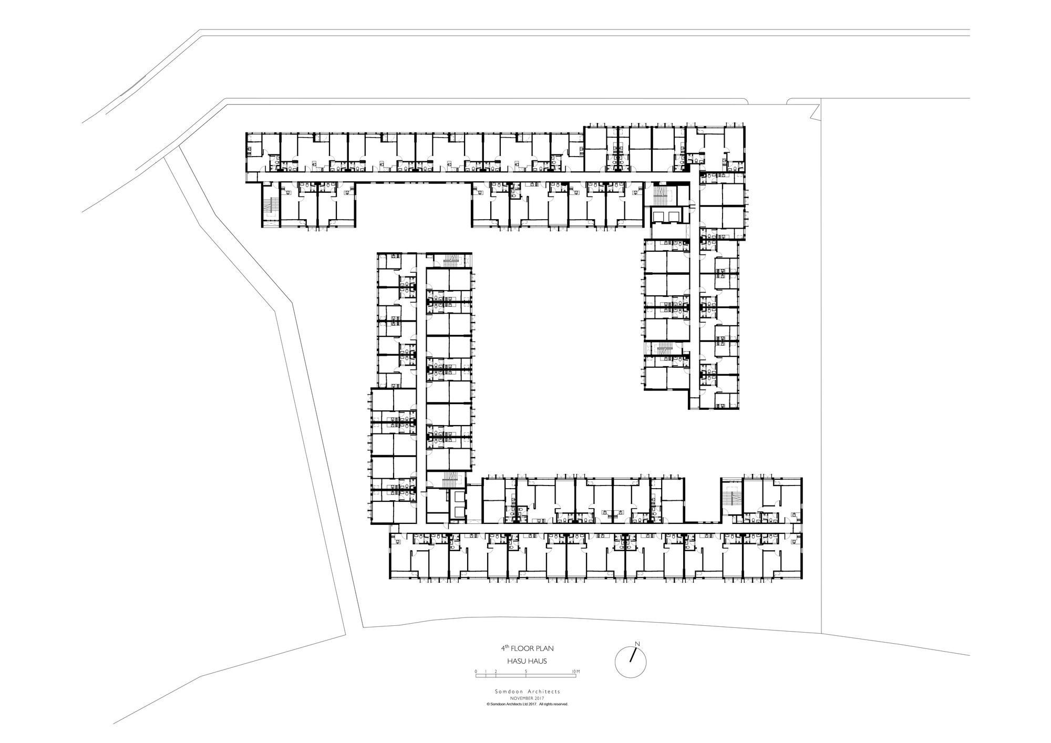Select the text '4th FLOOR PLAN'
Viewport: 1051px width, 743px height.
527,649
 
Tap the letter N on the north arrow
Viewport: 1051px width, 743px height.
637,644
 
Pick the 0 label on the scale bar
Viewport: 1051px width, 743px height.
476,672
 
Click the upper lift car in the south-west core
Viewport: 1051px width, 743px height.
457,497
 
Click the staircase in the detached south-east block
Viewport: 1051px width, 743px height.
730,498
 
